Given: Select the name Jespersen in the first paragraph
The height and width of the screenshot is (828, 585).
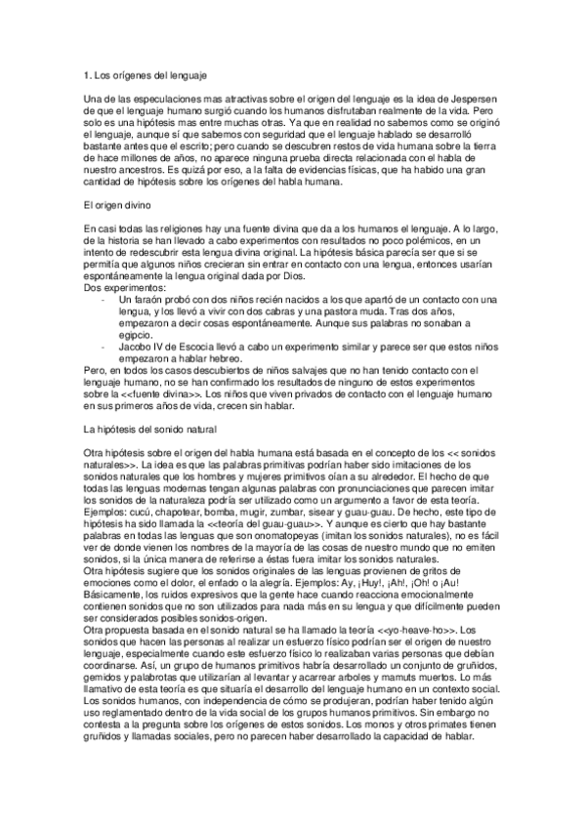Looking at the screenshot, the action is click(x=479, y=100).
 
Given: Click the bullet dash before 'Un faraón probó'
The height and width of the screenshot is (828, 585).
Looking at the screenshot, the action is click(x=104, y=299).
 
